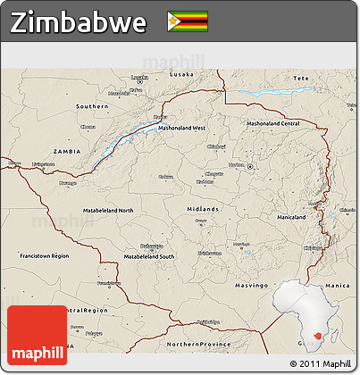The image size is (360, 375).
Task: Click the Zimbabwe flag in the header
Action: pos(187,21)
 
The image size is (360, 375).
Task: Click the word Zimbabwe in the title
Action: pos(79,22)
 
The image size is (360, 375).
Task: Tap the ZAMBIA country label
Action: pos(67,153)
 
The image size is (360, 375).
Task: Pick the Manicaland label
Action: pos(292,217)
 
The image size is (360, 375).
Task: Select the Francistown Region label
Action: pos(44,255)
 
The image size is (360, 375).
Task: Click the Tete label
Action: pos(301,79)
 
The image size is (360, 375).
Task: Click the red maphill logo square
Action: pos(37,335)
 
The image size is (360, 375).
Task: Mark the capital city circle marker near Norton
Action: pos(251,167)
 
